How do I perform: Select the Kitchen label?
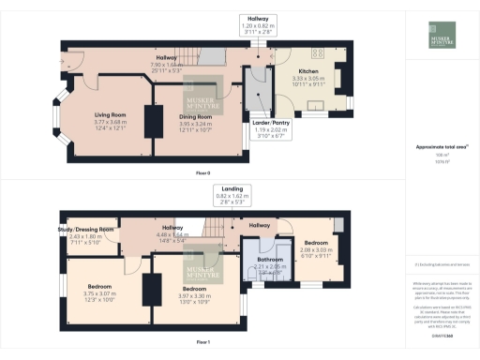tap(310, 71)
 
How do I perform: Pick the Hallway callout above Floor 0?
tap(257, 18)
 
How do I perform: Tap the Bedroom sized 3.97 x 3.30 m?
tap(197, 288)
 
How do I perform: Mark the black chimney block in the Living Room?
tap(150, 121)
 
